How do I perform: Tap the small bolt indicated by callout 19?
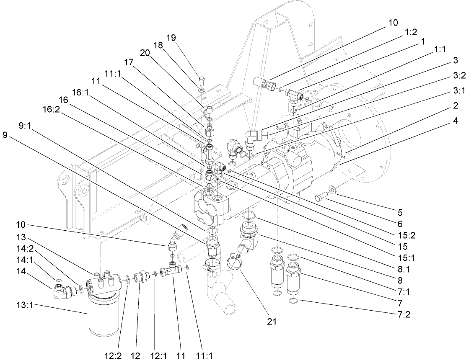(201, 79)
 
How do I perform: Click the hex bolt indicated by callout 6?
(321, 196)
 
